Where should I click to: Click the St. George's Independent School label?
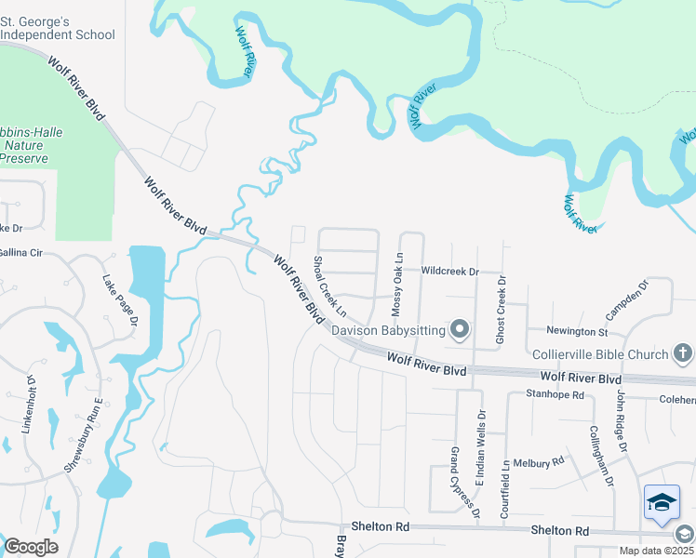click(58, 27)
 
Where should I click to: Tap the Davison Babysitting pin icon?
click(459, 329)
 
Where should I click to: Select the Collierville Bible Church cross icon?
click(682, 353)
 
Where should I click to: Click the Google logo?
click(30, 546)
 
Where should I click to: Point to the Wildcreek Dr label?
click(449, 272)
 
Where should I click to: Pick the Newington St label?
click(577, 331)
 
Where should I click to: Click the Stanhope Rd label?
click(555, 394)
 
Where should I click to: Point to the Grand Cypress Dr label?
click(464, 481)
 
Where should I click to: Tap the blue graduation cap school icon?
click(662, 503)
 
